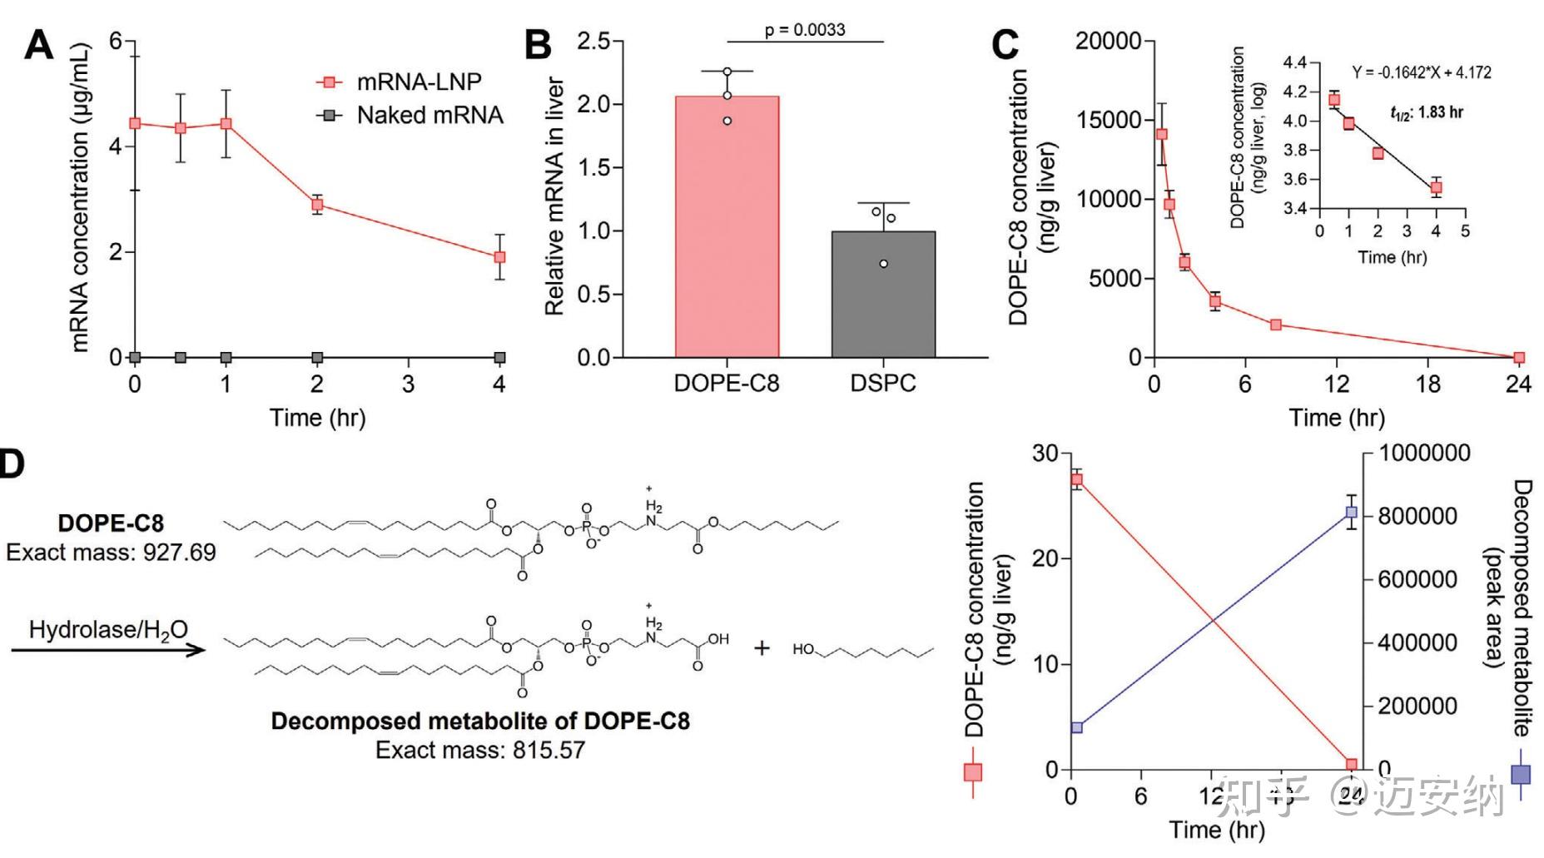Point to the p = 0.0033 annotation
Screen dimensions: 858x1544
805,30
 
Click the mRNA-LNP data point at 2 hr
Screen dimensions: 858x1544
317,205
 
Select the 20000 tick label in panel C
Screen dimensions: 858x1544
1108,42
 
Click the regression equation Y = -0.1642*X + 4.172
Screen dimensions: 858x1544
1422,72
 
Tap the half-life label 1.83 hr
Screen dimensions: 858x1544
1427,112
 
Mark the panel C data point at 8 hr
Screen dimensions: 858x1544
1276,325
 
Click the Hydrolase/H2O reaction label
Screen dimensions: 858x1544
108,630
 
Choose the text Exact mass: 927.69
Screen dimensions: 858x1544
111,552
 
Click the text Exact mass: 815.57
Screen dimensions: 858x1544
480,750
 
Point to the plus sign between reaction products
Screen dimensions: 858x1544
762,647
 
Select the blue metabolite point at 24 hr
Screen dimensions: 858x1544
1351,513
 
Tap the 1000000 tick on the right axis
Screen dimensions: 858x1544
1424,453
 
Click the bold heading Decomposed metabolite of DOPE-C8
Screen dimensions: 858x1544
480,721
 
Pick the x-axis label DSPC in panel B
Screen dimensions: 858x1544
883,384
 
